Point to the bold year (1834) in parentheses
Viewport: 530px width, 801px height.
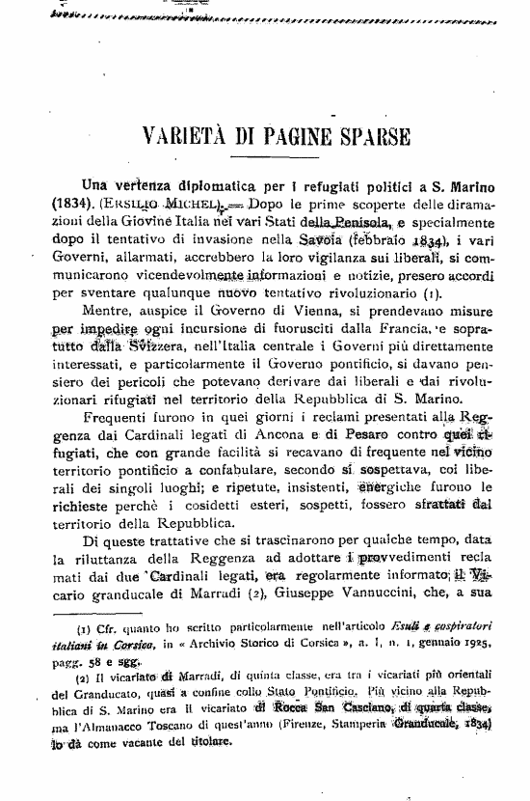(x=70, y=204)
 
